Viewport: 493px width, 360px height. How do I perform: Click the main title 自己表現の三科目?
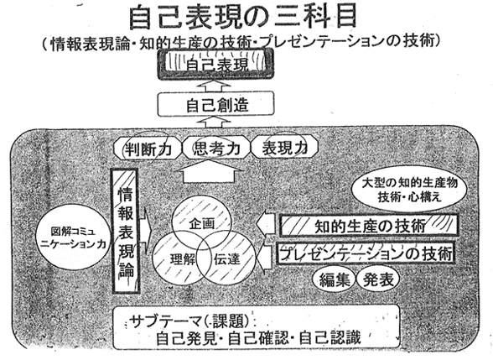point(242,17)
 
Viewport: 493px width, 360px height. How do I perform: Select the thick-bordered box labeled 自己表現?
point(215,65)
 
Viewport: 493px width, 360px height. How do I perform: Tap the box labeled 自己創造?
point(216,104)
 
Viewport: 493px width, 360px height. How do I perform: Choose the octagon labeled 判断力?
point(148,149)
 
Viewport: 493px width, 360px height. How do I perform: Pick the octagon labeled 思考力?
point(216,149)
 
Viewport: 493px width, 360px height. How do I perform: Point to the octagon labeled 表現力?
point(285,148)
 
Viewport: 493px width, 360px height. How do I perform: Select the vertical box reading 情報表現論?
point(125,232)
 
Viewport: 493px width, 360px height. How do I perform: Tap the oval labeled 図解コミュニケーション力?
point(74,237)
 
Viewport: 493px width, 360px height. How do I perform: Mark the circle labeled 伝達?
point(226,259)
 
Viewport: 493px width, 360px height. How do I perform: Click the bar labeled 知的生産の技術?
point(369,226)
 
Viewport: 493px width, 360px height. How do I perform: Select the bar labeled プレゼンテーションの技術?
point(366,253)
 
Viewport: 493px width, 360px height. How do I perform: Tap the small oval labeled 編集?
point(335,279)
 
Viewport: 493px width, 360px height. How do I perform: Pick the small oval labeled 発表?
point(378,279)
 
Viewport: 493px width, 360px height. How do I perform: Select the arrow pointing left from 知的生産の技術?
point(267,225)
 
